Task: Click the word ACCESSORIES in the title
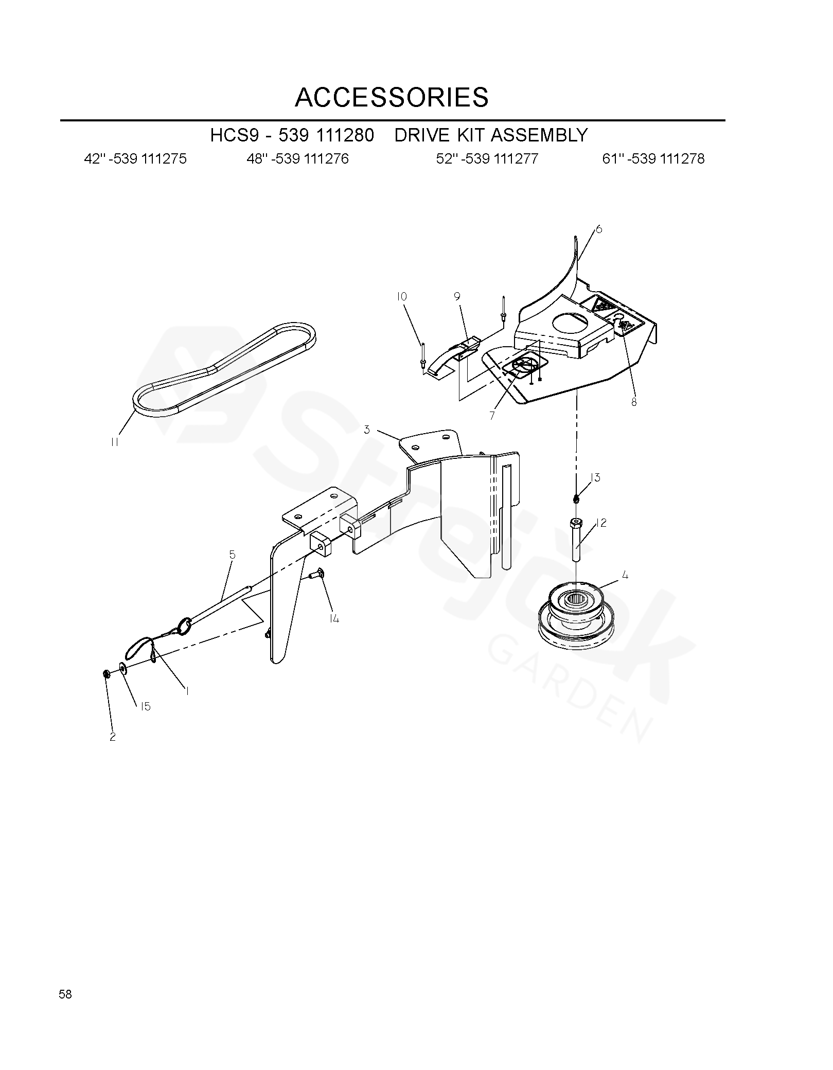coord(392,97)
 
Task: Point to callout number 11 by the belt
coord(115,442)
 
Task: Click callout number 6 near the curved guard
coord(599,229)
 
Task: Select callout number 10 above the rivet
coord(402,297)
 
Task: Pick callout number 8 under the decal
coord(634,402)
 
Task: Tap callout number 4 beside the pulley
coord(625,576)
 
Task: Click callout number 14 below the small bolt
coord(334,619)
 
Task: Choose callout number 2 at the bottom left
coord(113,737)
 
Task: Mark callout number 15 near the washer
coord(146,707)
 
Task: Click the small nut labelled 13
coord(576,498)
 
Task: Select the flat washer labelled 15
coord(124,668)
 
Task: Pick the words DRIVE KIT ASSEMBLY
coord(491,135)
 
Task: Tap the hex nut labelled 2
coord(105,674)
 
